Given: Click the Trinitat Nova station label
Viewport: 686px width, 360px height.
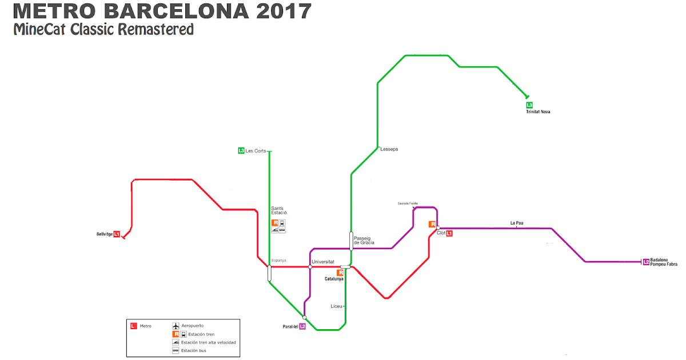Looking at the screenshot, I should click(538, 111).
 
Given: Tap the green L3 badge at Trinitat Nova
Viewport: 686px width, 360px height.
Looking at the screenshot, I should click(529, 105).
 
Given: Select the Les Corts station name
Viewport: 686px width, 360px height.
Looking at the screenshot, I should click(256, 151).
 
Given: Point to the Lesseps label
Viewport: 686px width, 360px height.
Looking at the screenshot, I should click(389, 149).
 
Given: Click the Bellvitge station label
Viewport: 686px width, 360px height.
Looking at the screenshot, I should click(105, 234).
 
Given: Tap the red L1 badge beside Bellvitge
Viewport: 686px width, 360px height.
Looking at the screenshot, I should click(117, 234).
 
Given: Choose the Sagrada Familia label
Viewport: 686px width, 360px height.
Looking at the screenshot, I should click(408, 203).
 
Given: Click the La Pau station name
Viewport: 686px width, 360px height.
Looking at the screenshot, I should click(517, 223).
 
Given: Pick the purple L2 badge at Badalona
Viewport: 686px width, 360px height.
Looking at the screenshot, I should click(646, 262).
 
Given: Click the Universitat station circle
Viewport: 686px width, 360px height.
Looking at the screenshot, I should click(309, 267).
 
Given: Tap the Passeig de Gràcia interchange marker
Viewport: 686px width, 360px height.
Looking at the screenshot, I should click(351, 241).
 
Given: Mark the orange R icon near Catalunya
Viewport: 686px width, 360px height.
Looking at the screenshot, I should click(340, 273).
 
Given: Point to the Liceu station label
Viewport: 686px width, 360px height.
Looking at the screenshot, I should click(336, 306).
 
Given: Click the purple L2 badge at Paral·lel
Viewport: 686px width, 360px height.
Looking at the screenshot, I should click(302, 327).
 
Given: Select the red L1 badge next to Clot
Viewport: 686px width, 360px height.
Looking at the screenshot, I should click(449, 233).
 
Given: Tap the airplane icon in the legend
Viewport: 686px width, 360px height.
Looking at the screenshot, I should click(176, 326).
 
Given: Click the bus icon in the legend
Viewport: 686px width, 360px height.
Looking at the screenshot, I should click(176, 350).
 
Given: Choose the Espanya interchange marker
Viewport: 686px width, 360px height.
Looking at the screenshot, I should click(269, 273).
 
